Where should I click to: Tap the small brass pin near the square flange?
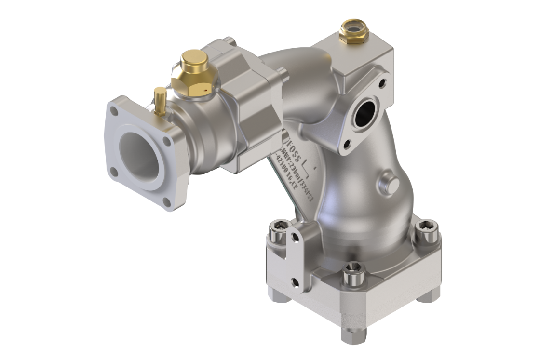click(x=161, y=102)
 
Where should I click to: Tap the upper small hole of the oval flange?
click(x=382, y=83)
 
